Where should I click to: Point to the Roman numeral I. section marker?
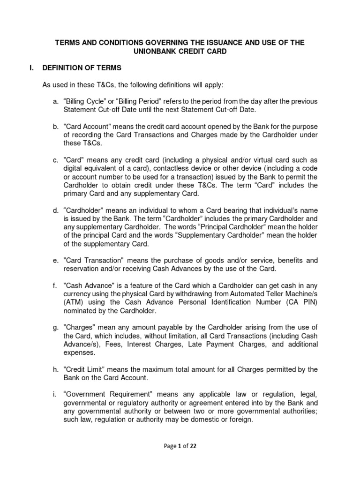pos(31,68)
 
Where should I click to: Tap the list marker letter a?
pos(56,102)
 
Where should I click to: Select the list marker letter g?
pos(56,328)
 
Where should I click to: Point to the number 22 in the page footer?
pos(193,447)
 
